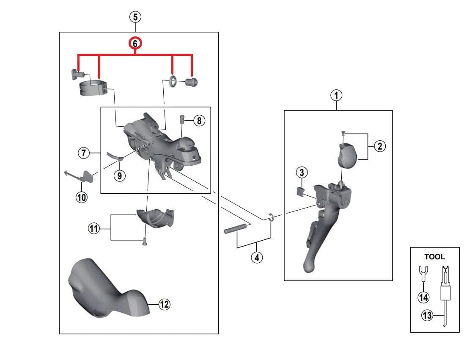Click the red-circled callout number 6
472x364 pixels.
(x=135, y=44)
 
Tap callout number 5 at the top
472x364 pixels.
(x=135, y=17)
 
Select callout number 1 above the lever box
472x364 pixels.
(x=336, y=96)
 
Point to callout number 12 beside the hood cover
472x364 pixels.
(x=164, y=304)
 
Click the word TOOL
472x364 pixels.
(x=434, y=257)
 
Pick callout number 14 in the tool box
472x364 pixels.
(x=423, y=297)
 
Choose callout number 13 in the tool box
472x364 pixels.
(x=427, y=315)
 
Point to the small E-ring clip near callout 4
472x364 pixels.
(x=272, y=219)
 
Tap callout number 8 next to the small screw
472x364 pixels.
(x=199, y=121)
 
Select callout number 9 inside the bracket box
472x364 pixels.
(x=120, y=175)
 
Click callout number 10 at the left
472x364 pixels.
(x=81, y=197)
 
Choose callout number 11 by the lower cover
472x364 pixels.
(x=93, y=229)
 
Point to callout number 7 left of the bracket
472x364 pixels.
(x=84, y=153)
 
